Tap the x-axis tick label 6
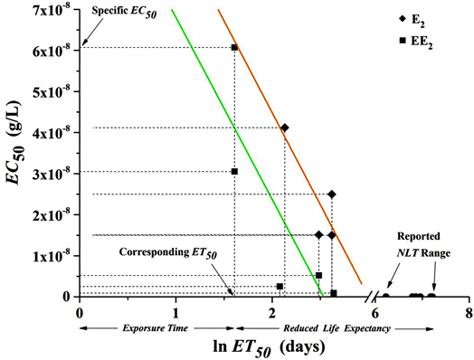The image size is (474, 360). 374,313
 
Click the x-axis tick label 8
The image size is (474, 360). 469,313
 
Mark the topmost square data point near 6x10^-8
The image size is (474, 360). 234,47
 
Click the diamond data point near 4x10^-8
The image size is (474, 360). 285,128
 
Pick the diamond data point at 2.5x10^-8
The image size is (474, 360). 332,194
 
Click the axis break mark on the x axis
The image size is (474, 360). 369,296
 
